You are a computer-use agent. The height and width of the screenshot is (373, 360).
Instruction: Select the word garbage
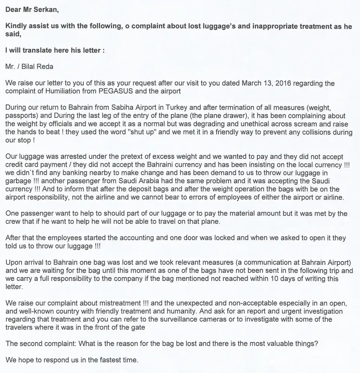pos(18,181)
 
